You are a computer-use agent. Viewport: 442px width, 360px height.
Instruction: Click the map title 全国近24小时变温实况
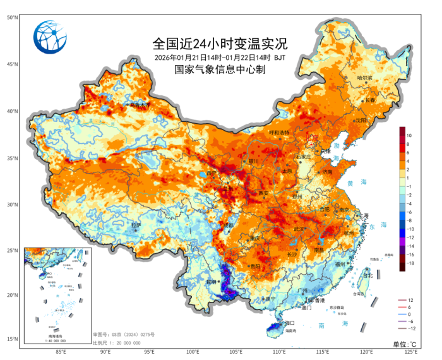click(220, 44)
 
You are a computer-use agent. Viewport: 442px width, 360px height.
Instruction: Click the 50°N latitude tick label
click(12, 17)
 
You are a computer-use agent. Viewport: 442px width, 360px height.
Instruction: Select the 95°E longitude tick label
click(149, 351)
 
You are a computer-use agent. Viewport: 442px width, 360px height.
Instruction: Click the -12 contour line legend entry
click(410, 328)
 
